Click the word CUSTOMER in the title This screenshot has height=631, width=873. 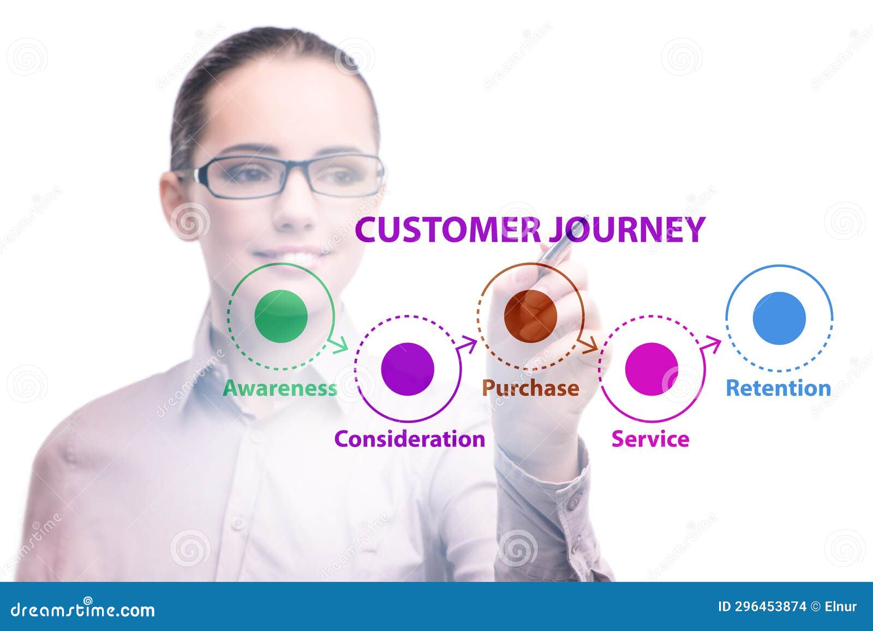coord(447,230)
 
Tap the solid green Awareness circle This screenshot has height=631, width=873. coord(281,316)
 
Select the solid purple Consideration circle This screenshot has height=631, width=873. coord(407,369)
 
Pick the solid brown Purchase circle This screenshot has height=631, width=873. coord(530,315)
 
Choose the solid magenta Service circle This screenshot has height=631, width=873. coord(651,369)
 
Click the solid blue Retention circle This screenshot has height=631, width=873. coord(779,318)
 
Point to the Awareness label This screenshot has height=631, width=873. coord(280,388)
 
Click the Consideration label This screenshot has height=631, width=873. coord(409,439)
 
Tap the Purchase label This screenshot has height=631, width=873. coord(530,388)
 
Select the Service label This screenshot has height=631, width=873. coord(650,439)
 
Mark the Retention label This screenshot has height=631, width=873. coord(778,388)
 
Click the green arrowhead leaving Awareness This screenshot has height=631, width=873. coord(342,345)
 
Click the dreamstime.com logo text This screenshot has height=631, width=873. coord(83,609)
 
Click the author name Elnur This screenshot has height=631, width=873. coord(841,606)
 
